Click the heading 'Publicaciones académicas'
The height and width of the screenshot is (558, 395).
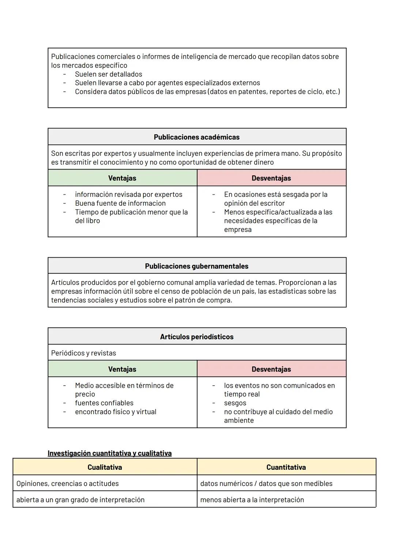[x=196, y=137]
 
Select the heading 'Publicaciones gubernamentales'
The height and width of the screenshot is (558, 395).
[x=196, y=266]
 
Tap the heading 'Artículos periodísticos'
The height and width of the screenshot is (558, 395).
[x=196, y=337]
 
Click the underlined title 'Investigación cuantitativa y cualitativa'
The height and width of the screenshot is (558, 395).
[x=109, y=453]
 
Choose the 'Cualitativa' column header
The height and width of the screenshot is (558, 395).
[x=105, y=467]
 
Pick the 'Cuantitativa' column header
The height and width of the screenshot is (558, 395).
[x=286, y=467]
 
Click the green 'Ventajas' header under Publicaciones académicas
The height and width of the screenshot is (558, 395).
[x=122, y=178]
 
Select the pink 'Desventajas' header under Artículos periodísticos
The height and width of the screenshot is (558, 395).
[x=271, y=369]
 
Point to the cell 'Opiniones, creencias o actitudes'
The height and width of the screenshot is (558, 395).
[x=67, y=483]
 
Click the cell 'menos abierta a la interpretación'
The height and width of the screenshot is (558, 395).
[x=252, y=499]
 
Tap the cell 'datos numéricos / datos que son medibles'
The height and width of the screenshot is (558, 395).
[x=266, y=483]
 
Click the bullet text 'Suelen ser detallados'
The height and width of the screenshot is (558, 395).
[x=108, y=74]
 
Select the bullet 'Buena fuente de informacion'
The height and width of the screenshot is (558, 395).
[x=120, y=203]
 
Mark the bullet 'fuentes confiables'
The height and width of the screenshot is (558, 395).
[x=104, y=403]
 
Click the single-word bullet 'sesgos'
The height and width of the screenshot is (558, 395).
[x=235, y=403]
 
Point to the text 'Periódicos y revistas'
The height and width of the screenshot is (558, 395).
[x=83, y=353]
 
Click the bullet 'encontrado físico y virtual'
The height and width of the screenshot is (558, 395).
[x=116, y=412]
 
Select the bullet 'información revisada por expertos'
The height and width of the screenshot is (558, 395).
[x=128, y=194]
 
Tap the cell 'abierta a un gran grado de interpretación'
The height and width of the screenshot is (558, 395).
[x=80, y=499]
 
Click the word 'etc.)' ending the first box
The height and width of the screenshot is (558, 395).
[x=332, y=91]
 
